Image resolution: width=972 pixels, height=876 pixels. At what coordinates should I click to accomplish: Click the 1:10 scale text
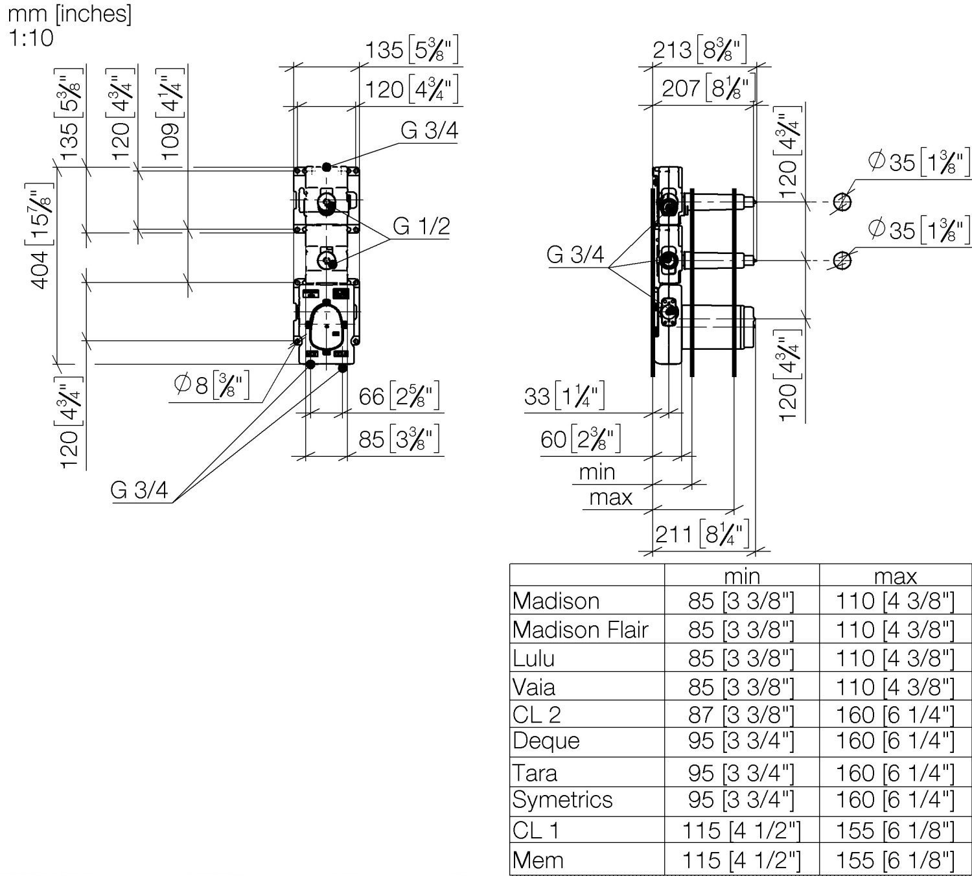[x=30, y=38]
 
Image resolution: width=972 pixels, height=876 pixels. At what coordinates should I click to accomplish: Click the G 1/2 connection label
[x=421, y=226]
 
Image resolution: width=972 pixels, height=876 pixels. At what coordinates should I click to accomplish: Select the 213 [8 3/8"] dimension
[x=700, y=49]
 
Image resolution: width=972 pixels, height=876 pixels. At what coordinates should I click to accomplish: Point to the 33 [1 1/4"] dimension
[x=564, y=396]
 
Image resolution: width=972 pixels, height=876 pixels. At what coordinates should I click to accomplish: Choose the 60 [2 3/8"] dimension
[x=581, y=439]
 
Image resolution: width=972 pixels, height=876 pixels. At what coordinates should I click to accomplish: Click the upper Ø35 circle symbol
[x=841, y=202]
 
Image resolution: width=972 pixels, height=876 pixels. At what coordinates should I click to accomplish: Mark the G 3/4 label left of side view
[x=575, y=255]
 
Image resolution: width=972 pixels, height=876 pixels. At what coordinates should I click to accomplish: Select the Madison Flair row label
[x=581, y=630]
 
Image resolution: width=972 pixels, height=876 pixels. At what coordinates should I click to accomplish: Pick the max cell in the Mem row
[x=895, y=860]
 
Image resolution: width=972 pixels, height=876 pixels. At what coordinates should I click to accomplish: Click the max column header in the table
[x=895, y=575]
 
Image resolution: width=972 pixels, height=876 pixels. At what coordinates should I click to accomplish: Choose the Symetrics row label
[x=562, y=800]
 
